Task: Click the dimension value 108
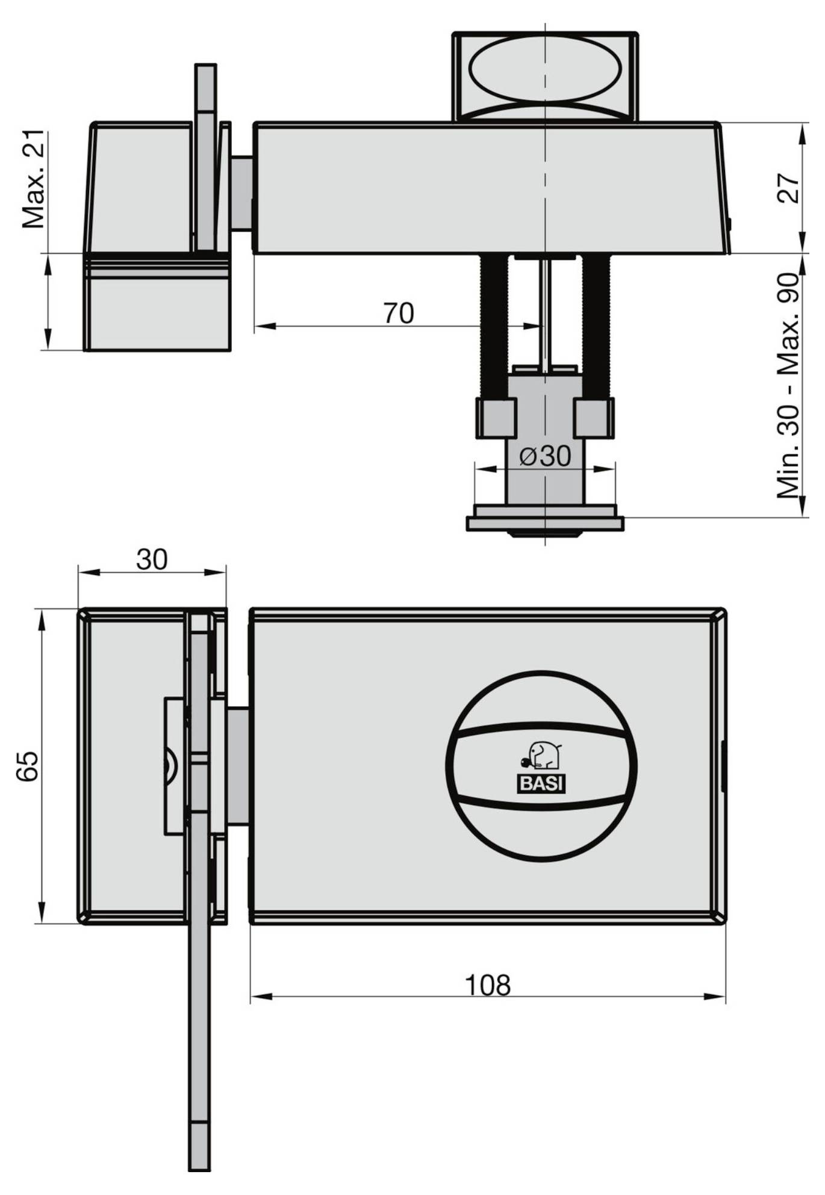pos(487,984)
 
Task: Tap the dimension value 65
pos(28,766)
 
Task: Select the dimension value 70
pos(398,313)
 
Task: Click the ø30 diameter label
pos(545,456)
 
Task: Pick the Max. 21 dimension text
pos(34,179)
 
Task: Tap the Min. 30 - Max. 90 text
pos(788,386)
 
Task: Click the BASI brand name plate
pos(541,784)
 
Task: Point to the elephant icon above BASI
pos(541,756)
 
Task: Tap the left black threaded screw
pos(494,326)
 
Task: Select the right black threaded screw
pos(596,326)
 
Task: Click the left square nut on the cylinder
pos(497,418)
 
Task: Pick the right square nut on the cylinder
pos(594,418)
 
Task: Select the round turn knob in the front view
pos(541,765)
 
